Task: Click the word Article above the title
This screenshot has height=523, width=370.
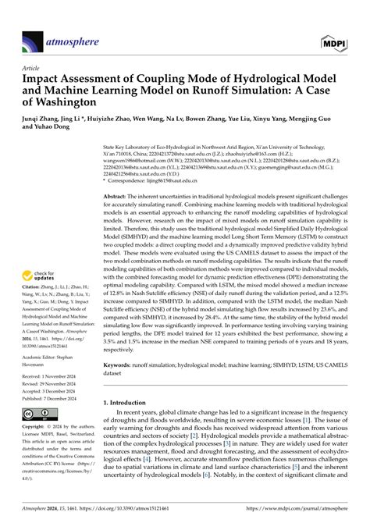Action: pos(31,68)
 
